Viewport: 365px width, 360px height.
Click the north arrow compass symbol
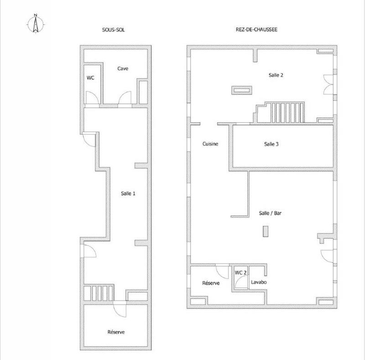[36, 24]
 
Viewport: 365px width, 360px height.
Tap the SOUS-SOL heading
[113, 30]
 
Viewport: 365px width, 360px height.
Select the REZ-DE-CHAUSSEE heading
[256, 29]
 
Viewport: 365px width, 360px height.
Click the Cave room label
[123, 68]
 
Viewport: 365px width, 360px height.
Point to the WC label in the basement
[90, 78]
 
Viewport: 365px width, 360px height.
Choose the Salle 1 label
[128, 193]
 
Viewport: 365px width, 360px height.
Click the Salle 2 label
[276, 75]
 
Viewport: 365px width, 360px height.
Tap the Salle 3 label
[271, 144]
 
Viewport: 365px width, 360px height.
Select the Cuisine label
[210, 144]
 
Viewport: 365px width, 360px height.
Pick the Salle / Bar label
[270, 213]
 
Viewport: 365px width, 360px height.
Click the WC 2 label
[241, 272]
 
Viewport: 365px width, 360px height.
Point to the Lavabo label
[259, 282]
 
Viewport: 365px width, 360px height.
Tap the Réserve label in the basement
[116, 332]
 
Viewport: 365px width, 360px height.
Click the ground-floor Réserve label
[211, 283]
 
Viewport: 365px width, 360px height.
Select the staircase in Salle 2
[279, 112]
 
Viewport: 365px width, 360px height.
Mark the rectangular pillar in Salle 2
[242, 90]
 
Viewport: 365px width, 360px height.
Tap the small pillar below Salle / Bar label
[266, 231]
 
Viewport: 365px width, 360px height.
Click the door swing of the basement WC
[93, 98]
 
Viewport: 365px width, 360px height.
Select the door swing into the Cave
[125, 98]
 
